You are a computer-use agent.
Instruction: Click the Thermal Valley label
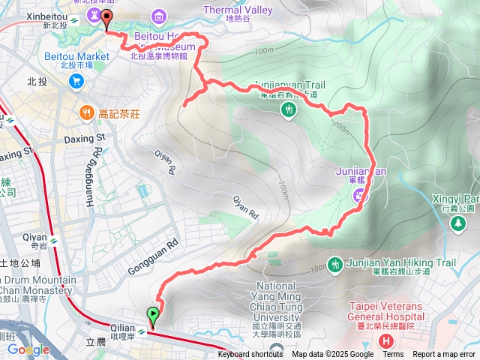coord(237,10)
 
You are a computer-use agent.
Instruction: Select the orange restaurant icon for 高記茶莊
coord(88,113)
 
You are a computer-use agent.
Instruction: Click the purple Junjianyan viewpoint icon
coord(361,196)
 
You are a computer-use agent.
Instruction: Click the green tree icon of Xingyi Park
coord(457,223)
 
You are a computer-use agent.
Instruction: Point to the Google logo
coord(28,349)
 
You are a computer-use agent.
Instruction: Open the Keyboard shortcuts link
coord(250,355)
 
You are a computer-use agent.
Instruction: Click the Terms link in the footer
coord(393,355)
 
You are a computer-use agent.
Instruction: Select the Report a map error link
coord(444,355)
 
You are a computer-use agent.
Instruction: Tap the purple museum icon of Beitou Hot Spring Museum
coord(159,16)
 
